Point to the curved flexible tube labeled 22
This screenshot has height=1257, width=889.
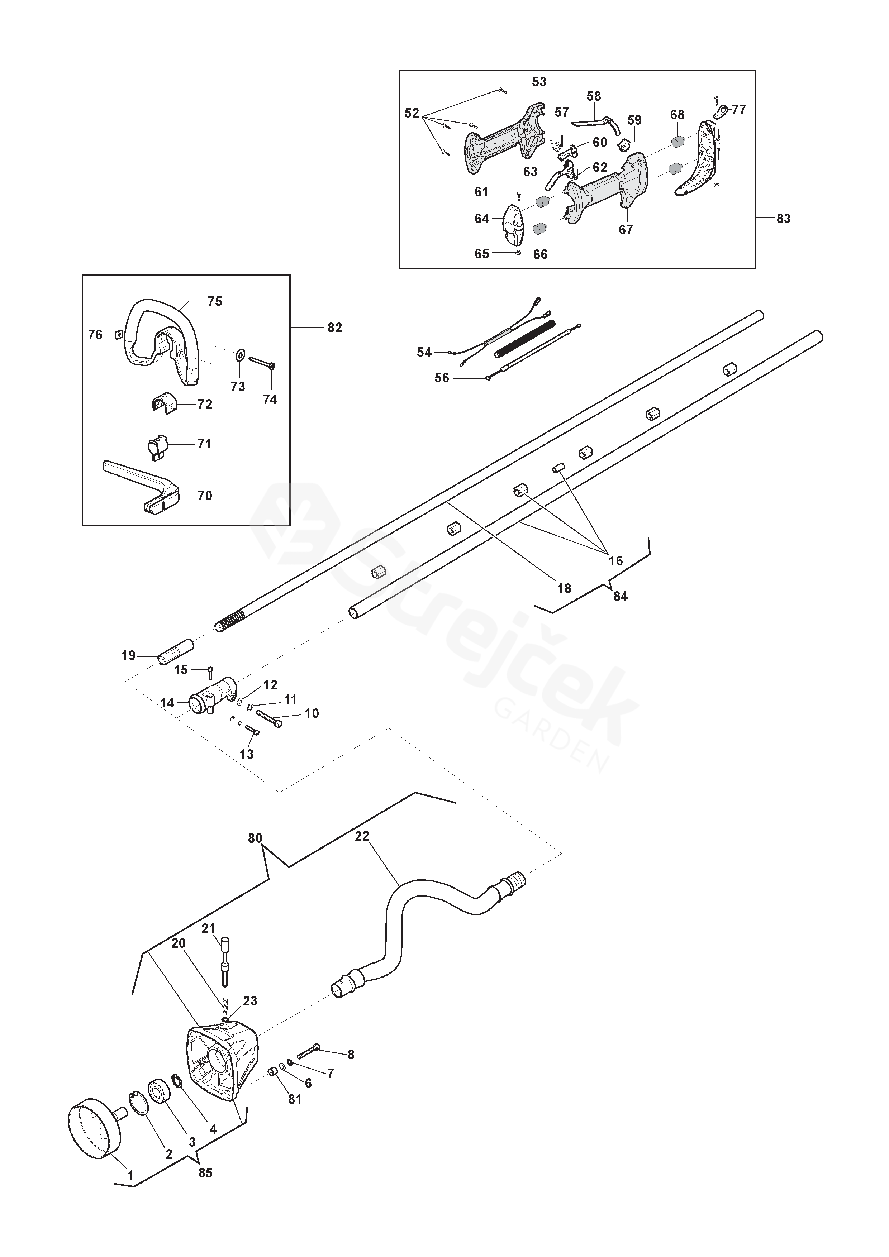tap(427, 925)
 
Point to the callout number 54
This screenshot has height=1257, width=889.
tap(424, 352)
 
